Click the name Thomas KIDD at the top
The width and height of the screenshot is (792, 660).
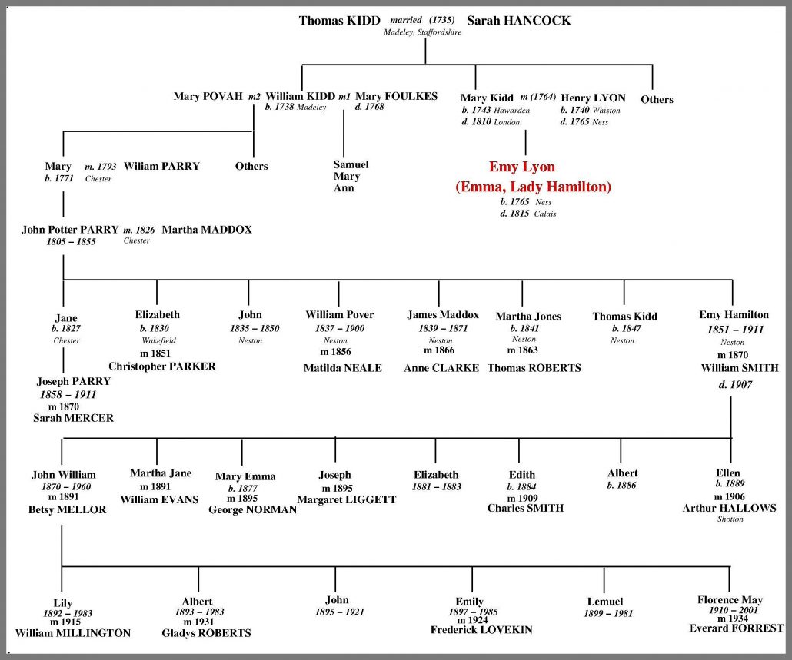pos(339,21)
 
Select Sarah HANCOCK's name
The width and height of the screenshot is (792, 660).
pos(519,21)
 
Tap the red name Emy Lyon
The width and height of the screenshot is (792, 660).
pos(522,167)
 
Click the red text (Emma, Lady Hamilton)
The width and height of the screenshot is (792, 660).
pos(534,187)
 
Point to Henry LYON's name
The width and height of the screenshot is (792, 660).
pos(593,98)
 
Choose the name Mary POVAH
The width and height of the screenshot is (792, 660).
pos(208,96)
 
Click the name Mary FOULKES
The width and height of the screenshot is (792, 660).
pos(397,96)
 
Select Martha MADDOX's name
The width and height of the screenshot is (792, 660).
pos(207,230)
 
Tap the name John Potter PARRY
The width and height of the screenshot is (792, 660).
pos(70,230)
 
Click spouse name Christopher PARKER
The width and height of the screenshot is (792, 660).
pos(162,366)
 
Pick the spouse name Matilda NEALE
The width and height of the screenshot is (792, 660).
pos(342,368)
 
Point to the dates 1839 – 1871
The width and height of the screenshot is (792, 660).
pos(443,329)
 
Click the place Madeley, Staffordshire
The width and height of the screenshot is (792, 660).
pos(422,32)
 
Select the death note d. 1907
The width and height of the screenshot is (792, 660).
pos(735,385)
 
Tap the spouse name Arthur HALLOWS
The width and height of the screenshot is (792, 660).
pos(730,508)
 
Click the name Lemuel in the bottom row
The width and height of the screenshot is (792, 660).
pos(605,602)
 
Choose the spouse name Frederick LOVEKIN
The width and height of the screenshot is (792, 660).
pos(481,630)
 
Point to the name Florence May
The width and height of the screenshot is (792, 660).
pos(730,600)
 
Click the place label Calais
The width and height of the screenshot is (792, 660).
pos(545,214)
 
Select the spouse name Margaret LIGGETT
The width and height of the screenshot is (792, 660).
pos(347,500)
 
